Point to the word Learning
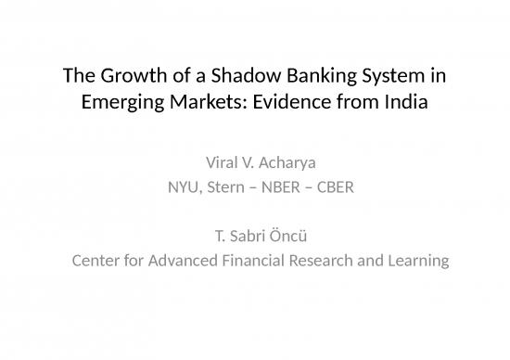(416, 261)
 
